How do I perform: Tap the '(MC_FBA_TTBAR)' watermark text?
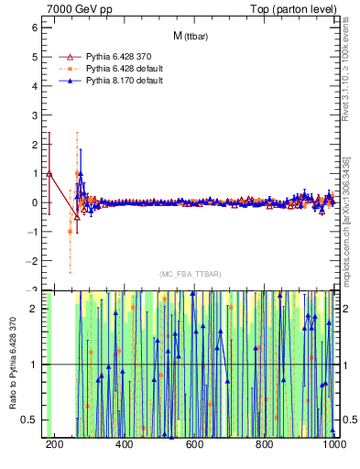190,273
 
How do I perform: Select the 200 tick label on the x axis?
54,444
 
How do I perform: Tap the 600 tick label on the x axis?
194,444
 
